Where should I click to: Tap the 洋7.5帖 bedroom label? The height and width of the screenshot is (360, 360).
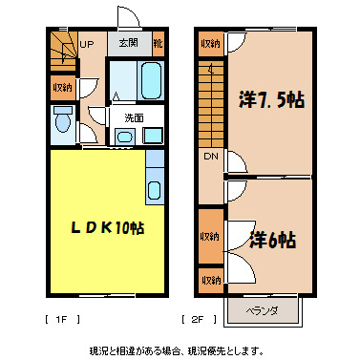[x=270, y=100]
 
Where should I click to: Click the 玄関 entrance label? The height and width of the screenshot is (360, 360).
[x=129, y=44]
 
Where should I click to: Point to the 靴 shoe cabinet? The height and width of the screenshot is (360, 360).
[x=158, y=44]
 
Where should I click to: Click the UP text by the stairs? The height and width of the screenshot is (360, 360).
[x=86, y=44]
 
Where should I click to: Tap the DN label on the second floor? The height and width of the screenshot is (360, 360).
[x=209, y=156]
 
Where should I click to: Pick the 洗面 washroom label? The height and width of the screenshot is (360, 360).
[x=134, y=118]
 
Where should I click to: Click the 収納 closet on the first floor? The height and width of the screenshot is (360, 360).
[x=61, y=88]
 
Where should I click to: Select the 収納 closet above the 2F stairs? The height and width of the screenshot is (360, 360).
[x=210, y=44]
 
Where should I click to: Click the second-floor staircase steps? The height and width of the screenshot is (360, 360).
[x=210, y=100]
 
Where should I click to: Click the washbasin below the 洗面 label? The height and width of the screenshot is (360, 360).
[x=125, y=137]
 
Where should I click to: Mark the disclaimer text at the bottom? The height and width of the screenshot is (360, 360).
[x=180, y=349]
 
